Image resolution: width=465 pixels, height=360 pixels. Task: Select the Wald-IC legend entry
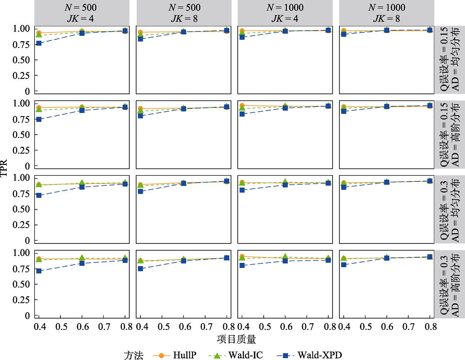click(x=245, y=355)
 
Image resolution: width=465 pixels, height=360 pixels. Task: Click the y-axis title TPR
click(x=5, y=172)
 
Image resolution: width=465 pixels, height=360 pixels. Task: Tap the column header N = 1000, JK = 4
click(x=285, y=13)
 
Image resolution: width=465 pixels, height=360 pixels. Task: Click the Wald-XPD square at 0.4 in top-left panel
click(x=39, y=43)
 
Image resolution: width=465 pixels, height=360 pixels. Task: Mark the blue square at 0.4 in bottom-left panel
click(x=39, y=271)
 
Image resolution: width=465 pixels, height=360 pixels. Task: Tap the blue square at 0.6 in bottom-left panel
click(x=82, y=263)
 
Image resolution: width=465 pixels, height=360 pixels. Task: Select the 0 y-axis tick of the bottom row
click(x=27, y=315)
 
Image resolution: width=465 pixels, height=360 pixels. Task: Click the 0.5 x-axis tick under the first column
click(x=61, y=327)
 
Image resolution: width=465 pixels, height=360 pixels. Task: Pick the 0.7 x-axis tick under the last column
click(x=409, y=327)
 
